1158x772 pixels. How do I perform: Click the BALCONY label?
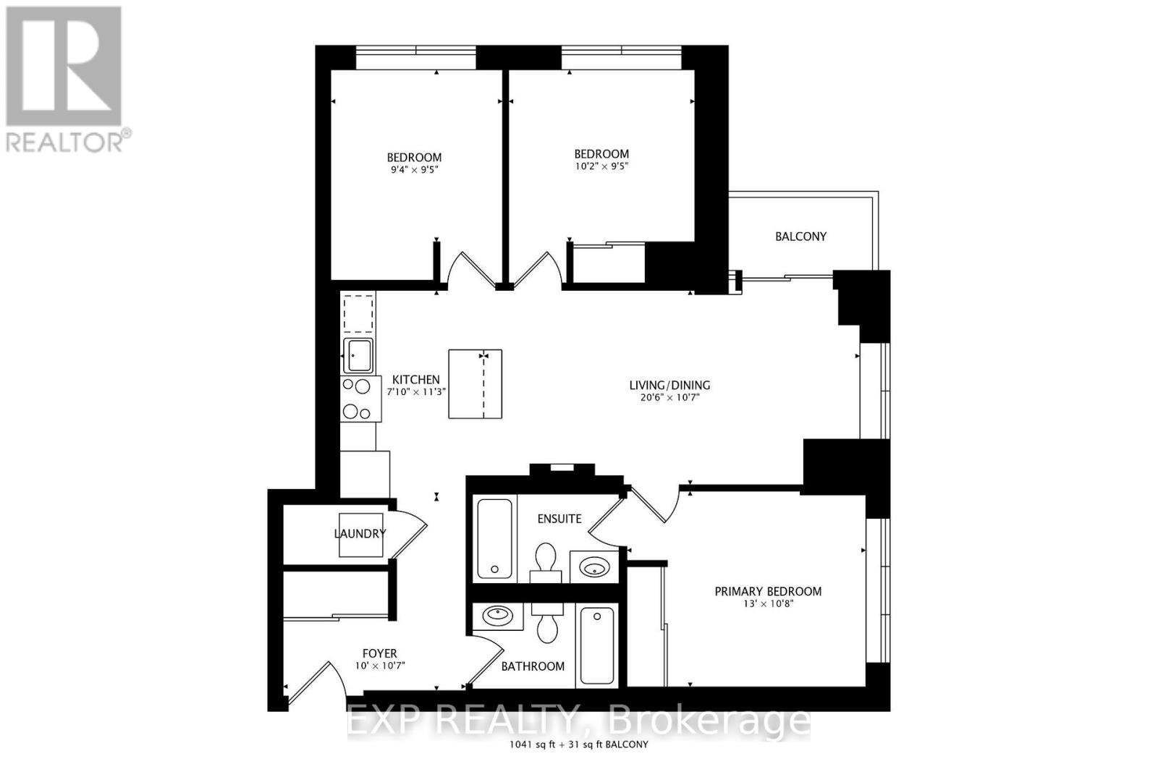tap(800, 237)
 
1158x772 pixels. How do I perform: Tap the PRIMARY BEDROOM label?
tap(768, 591)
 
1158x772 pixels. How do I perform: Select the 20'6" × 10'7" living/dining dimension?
tap(669, 397)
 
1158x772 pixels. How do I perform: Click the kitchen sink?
tap(358, 355)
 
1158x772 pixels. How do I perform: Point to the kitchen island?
tap(475, 383)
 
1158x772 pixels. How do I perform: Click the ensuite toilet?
tap(546, 561)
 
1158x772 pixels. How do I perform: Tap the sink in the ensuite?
tap(595, 567)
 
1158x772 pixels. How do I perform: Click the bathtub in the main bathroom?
tap(597, 647)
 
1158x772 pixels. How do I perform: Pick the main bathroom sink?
tap(497, 616)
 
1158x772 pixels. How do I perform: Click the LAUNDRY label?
tap(360, 534)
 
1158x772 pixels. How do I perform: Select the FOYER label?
tap(380, 653)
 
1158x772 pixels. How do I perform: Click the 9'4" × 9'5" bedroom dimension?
tap(413, 170)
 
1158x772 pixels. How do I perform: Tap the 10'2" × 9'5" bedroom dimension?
tap(601, 166)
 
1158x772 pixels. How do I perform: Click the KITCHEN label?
tap(415, 379)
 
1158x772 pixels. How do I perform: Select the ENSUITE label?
tap(559, 519)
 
